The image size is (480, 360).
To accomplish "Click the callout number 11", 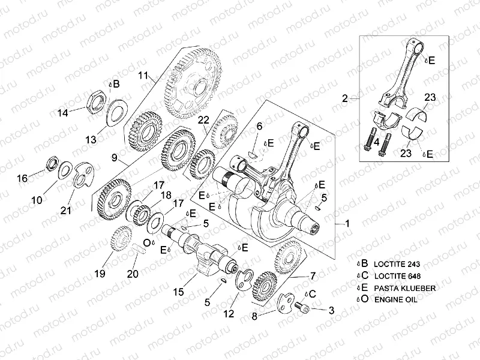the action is click(x=143, y=76).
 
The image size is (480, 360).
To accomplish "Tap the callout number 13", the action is click(x=91, y=139).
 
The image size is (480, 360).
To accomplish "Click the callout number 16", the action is click(x=22, y=178).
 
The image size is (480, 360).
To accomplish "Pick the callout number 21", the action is click(x=65, y=209).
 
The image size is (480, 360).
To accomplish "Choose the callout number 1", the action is click(x=346, y=223).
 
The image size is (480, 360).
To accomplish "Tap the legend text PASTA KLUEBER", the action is click(x=404, y=288).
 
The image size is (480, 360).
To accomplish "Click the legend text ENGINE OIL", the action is click(x=395, y=299).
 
